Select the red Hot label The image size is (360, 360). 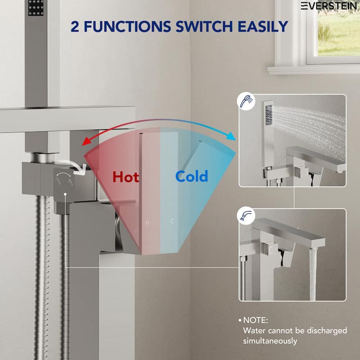tap(126, 176)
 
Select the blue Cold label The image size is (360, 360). tap(192, 176)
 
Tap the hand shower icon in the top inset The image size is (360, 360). tap(246, 102)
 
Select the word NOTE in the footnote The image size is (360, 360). tap(255, 321)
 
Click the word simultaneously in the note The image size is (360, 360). tap(270, 341)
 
